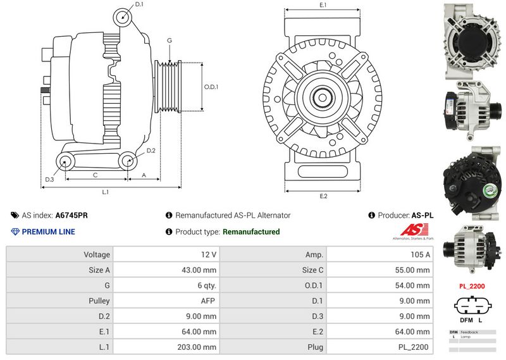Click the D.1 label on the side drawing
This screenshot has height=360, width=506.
(140, 4)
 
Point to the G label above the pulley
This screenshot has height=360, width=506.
(169, 40)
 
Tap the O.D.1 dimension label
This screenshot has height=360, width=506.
(211, 87)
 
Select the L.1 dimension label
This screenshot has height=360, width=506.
(106, 192)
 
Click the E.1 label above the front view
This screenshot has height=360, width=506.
(323, 5)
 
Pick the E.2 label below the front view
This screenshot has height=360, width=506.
(323, 197)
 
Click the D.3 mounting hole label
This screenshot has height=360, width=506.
(49, 180)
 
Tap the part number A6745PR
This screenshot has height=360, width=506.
(71, 215)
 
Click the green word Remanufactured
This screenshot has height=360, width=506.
(251, 232)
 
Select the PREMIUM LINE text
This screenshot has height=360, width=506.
(48, 232)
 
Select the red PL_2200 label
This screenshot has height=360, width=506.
(472, 287)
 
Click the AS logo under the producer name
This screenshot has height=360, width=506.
(411, 231)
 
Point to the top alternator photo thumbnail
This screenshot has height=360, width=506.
(472, 40)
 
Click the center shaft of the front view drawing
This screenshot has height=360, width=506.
(323, 99)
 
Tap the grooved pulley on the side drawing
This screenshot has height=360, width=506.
(168, 87)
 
